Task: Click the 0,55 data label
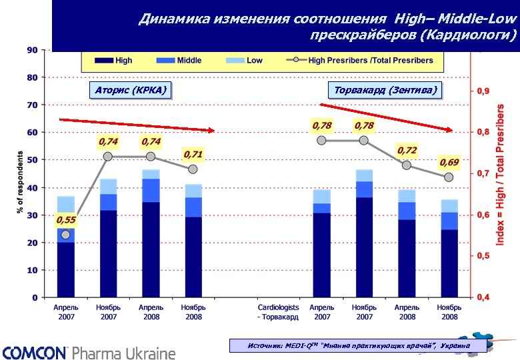click(x=65, y=220)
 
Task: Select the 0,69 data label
click(x=449, y=162)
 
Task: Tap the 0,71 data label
click(x=193, y=155)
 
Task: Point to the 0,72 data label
click(x=407, y=151)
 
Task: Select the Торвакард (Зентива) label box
click(x=387, y=90)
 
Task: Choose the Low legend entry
click(x=245, y=61)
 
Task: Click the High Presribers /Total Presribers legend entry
click(x=363, y=61)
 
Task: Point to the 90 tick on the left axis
click(x=32, y=50)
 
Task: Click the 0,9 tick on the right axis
click(x=481, y=91)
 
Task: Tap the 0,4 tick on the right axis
click(x=481, y=297)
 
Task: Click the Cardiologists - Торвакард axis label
click(x=279, y=313)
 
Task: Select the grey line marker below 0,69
click(x=449, y=177)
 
